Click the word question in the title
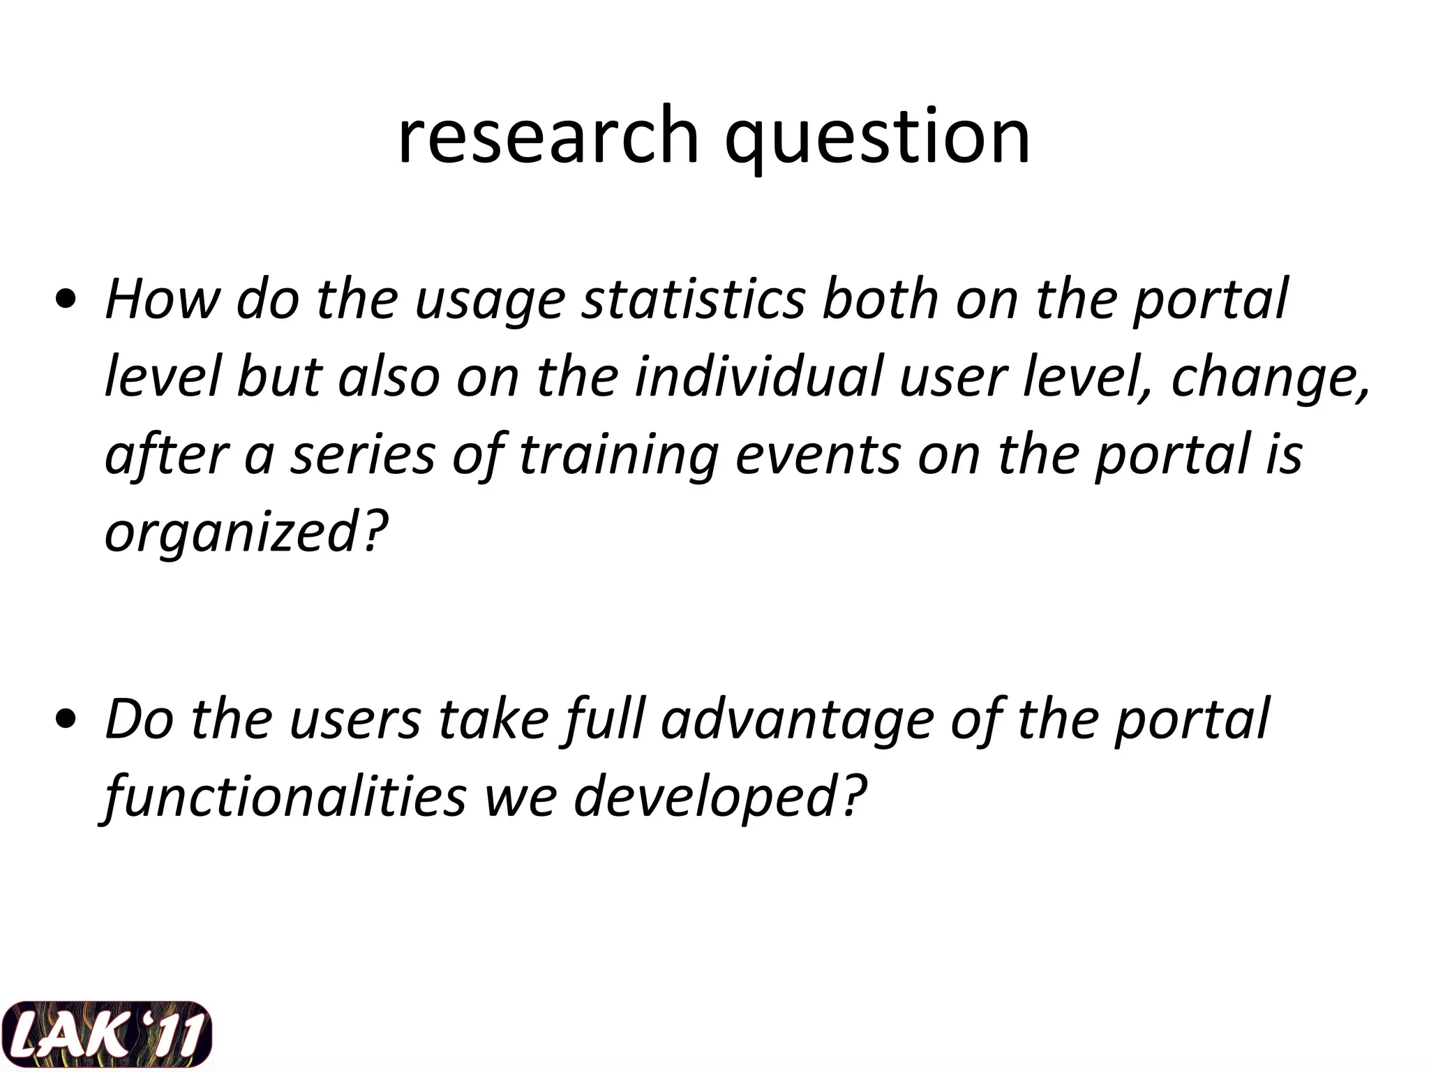pos(877,138)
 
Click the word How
pos(161,299)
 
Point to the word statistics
pos(694,299)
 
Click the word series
pos(363,455)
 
